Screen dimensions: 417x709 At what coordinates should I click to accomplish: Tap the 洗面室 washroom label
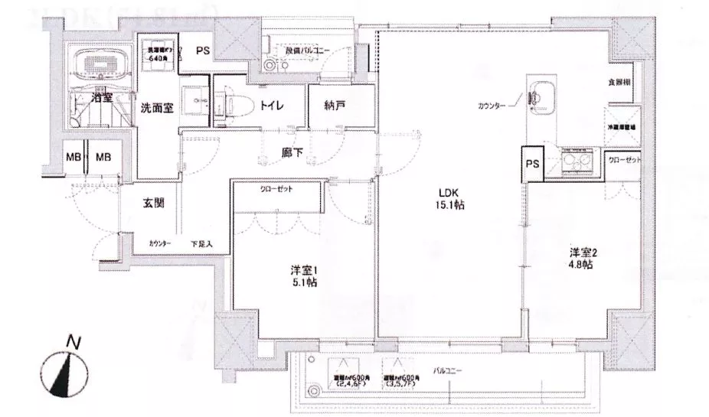coord(155,109)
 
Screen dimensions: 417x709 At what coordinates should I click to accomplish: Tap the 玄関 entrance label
coord(155,204)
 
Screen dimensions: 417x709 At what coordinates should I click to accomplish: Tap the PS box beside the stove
coord(532,163)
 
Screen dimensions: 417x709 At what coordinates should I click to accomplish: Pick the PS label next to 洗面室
coord(202,51)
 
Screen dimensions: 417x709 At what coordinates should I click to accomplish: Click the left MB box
coord(74,158)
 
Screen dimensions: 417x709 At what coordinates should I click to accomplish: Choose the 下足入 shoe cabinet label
coord(201,243)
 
